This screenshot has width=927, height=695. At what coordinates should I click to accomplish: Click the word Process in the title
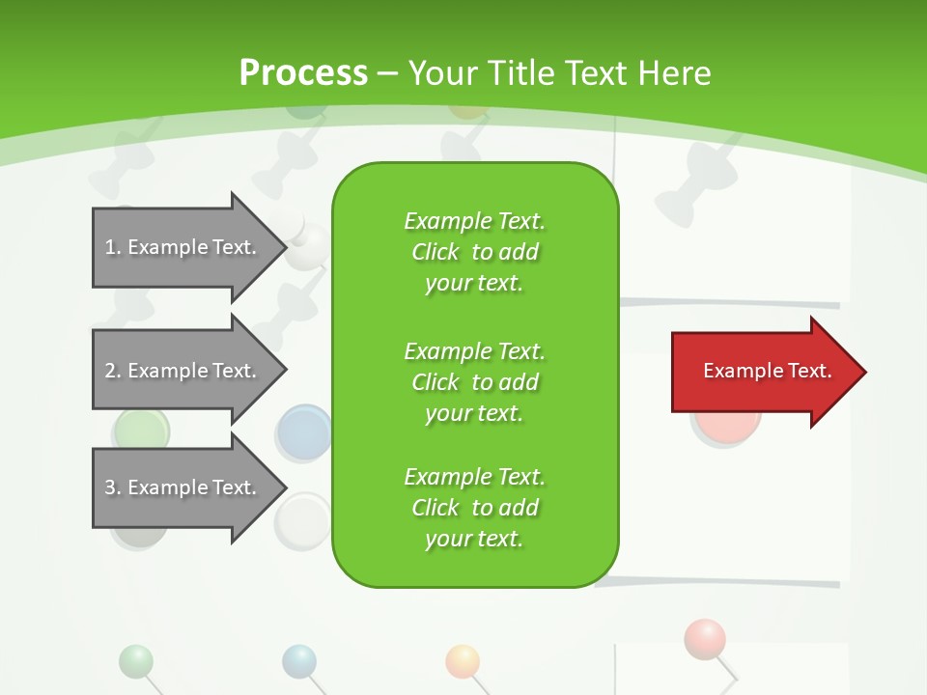tap(303, 73)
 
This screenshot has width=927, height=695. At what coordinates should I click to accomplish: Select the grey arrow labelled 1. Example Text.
tap(183, 247)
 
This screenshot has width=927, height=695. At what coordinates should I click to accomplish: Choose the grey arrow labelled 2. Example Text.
tap(183, 371)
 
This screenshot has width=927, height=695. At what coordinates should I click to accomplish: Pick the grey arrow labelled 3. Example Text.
tap(183, 487)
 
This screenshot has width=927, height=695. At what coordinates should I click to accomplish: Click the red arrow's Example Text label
tap(767, 371)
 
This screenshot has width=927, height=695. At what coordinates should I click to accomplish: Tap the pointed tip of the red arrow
tap(863, 372)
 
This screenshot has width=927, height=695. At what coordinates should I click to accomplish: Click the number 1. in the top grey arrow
tap(113, 247)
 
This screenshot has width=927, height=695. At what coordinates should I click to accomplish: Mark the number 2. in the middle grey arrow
tap(113, 371)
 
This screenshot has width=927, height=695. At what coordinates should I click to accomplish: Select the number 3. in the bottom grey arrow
tap(113, 487)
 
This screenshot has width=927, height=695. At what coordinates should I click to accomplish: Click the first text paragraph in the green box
tap(474, 252)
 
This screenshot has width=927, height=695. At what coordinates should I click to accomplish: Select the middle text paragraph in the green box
tap(474, 382)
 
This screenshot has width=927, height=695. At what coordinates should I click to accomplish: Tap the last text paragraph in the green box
tap(474, 508)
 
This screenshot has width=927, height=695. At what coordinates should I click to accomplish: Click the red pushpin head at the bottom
tap(704, 638)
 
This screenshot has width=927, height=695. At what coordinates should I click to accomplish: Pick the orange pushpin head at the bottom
tap(463, 661)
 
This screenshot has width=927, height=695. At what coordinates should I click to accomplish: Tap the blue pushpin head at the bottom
tap(299, 661)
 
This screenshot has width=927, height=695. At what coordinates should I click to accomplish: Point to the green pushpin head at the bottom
tap(136, 661)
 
